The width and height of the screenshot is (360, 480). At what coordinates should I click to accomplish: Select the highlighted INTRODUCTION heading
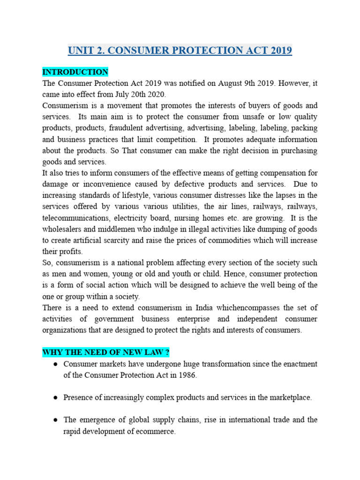[75, 72]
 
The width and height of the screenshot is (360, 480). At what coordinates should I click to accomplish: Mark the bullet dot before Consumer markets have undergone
[54, 364]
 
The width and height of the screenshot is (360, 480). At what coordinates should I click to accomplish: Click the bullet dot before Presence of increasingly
[54, 397]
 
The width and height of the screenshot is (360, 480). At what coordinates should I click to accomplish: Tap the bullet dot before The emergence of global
[54, 420]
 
